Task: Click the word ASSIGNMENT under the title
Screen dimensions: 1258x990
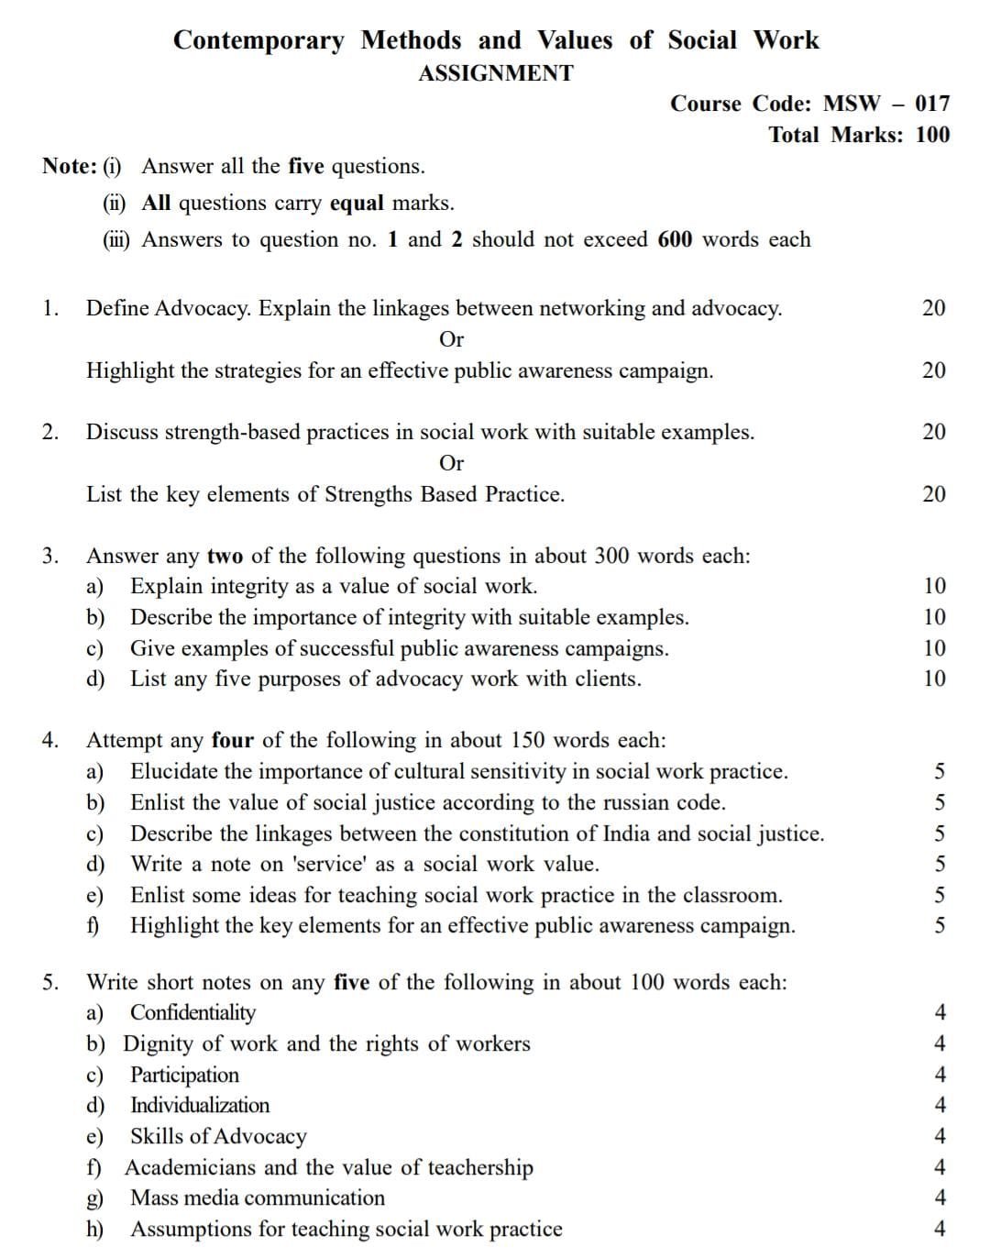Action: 496,73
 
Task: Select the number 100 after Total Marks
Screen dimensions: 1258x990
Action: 932,135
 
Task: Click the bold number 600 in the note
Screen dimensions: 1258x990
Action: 676,239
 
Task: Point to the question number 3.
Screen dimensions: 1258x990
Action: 49,556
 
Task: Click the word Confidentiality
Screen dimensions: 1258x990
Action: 192,1012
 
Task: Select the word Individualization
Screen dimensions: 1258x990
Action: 200,1105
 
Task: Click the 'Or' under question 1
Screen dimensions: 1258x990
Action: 452,339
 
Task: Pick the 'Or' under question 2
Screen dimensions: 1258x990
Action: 452,463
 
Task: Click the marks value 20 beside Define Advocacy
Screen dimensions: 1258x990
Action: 933,308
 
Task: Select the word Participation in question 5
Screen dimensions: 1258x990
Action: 184,1075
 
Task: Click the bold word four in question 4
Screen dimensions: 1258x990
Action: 233,740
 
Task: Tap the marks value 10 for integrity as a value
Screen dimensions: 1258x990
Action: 934,586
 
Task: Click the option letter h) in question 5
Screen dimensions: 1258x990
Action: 95,1229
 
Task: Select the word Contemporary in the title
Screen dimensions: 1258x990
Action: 259,40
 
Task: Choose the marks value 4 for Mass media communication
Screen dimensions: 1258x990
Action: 939,1197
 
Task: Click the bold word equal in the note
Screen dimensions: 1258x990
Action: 357,203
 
